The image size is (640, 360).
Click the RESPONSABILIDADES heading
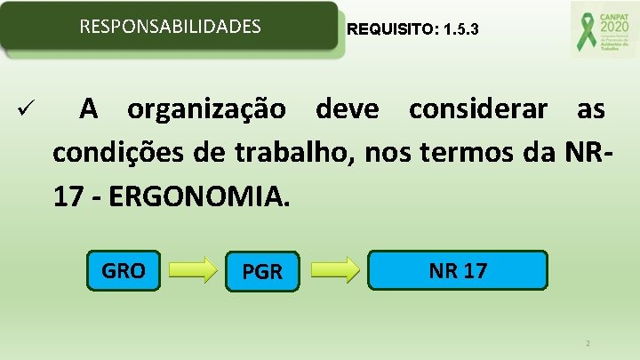171,27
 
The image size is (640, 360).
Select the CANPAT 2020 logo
599,29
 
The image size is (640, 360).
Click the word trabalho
293,153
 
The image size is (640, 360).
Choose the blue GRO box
124,271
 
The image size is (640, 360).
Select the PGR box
262,272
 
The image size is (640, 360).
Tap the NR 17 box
458,270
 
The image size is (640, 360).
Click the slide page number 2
588,342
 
